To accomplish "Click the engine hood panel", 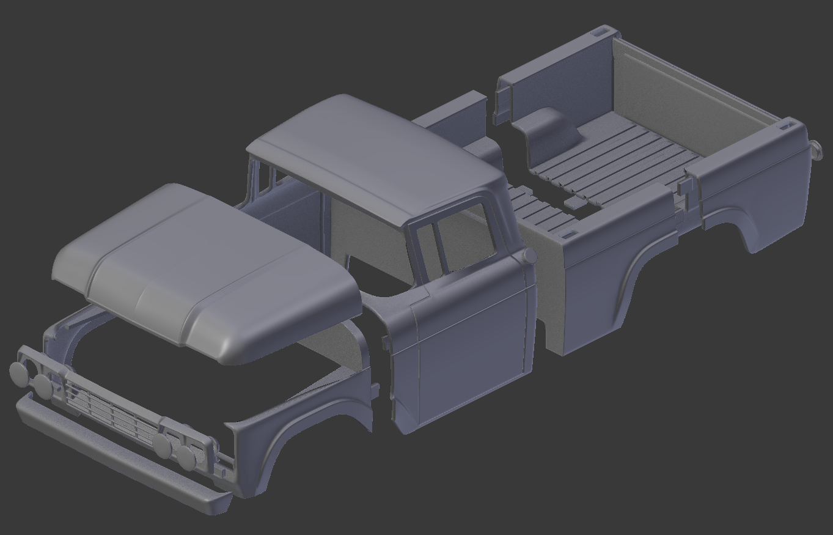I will (x=202, y=269).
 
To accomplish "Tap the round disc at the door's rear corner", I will (x=530, y=255).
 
